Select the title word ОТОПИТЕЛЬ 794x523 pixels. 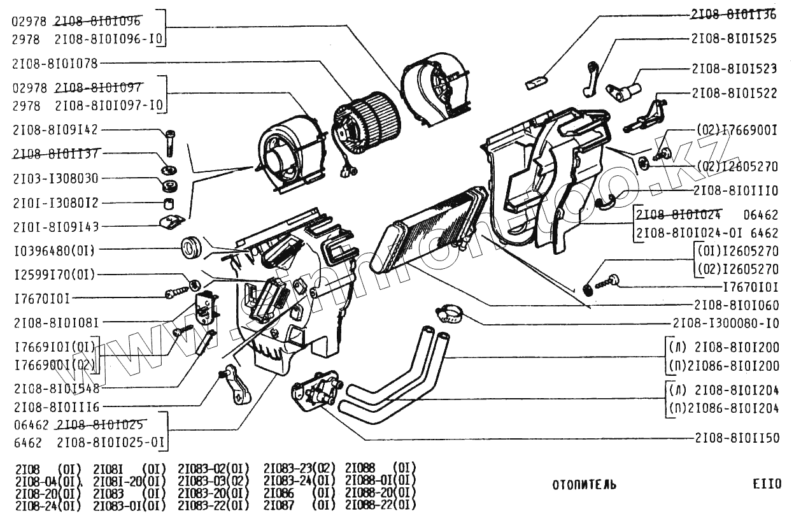point(584,485)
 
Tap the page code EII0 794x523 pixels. point(766,485)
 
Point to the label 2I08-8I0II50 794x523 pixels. point(735,439)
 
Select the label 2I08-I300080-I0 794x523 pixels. point(725,323)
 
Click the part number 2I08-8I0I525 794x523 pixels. point(734,38)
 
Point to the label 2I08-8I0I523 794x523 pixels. point(734,68)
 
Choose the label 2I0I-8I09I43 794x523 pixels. point(55,226)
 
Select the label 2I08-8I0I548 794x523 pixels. point(55,387)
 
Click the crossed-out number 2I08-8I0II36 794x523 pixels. point(734,13)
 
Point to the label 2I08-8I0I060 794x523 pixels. point(735,305)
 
